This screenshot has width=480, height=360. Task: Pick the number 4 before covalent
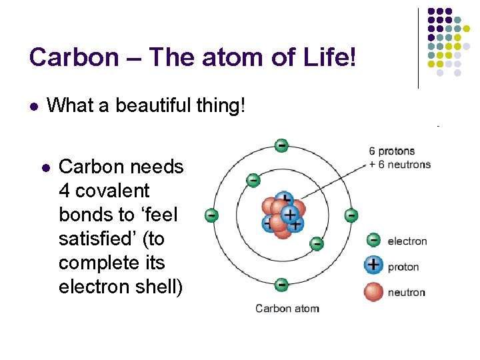(65, 191)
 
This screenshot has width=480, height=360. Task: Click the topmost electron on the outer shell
(281, 145)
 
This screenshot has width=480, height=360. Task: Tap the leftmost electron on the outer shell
(211, 215)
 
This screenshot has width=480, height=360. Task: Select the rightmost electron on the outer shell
(351, 215)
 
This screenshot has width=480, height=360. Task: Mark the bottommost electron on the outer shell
(281, 285)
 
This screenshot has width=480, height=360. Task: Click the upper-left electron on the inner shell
(253, 179)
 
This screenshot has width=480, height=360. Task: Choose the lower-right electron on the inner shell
(317, 243)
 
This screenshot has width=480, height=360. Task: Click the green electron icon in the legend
(374, 241)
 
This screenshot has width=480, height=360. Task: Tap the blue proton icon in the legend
(374, 265)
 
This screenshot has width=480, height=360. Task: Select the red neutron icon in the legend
(374, 292)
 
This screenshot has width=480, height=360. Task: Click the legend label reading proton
(403, 267)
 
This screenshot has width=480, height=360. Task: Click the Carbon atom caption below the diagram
(287, 309)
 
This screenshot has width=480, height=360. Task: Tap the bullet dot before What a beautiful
(33, 105)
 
